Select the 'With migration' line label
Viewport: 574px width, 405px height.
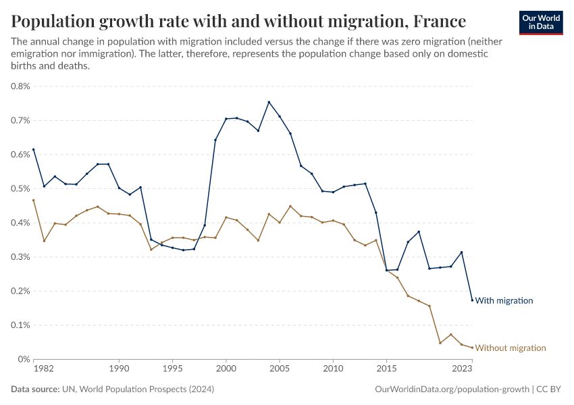(504, 300)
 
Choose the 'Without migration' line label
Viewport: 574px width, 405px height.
(510, 348)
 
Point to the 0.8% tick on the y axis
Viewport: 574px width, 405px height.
(20, 86)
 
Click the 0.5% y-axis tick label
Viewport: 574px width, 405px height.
(20, 188)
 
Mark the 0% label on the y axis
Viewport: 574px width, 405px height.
(24, 359)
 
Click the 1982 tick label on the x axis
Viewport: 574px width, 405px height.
(44, 369)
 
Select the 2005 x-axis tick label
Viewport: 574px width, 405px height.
(279, 369)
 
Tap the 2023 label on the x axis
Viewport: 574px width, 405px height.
(462, 369)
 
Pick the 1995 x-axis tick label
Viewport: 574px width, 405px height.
(172, 369)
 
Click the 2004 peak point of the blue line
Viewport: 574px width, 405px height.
(269, 102)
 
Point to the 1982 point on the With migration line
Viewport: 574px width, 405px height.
(33, 149)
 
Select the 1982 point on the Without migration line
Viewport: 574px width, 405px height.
(33, 200)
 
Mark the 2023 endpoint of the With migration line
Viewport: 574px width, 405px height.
(472, 300)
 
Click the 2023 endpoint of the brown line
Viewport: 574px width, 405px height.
(472, 348)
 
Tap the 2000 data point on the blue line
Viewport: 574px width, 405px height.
(226, 119)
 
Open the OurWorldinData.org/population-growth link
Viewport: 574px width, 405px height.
(451, 389)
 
